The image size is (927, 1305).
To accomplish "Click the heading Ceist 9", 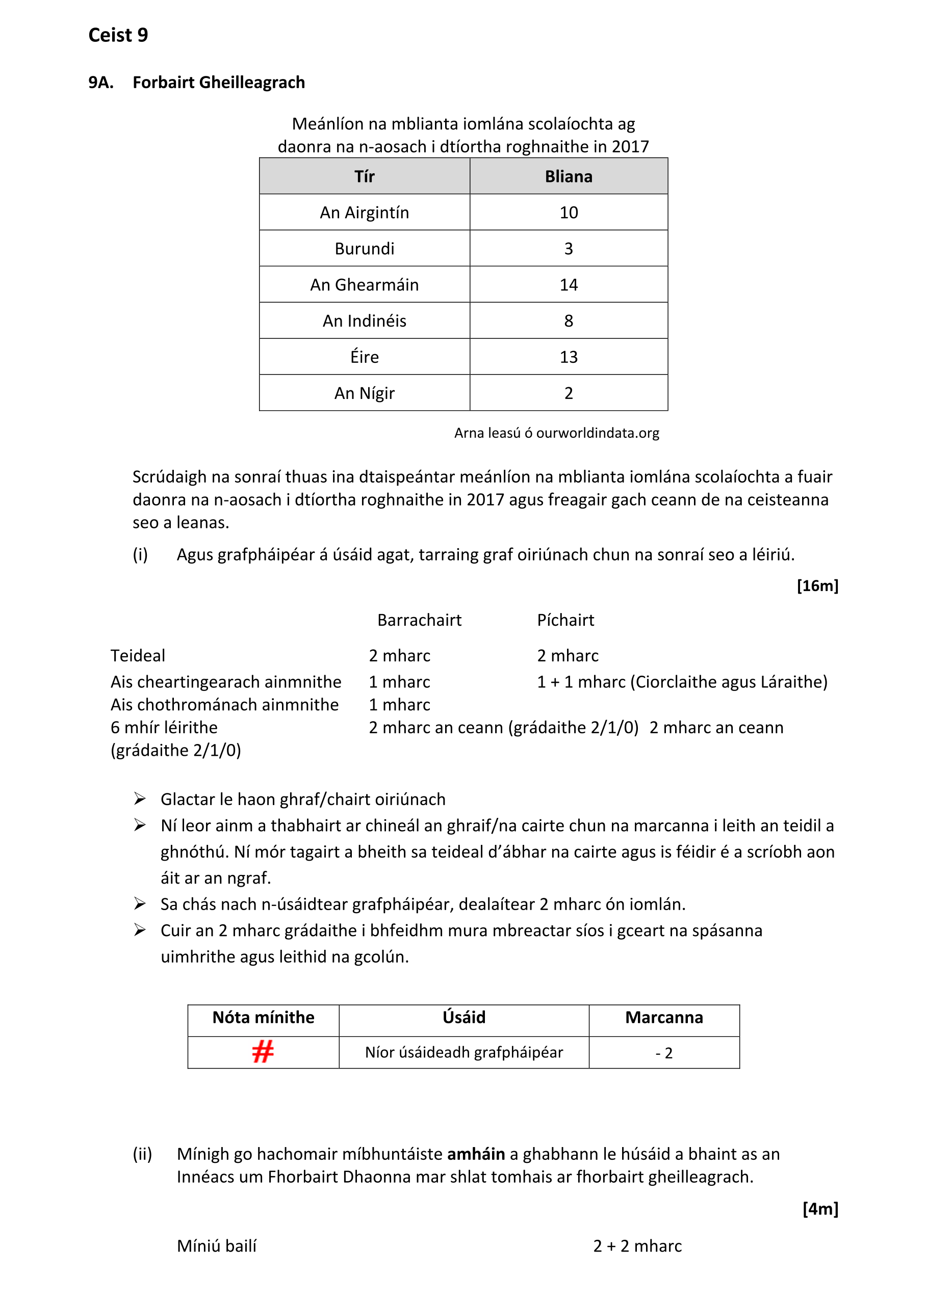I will tap(118, 35).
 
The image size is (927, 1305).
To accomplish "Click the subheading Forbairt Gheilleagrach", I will tap(219, 83).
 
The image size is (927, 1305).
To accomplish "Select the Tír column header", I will tap(364, 176).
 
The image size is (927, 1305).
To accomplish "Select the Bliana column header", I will tap(569, 176).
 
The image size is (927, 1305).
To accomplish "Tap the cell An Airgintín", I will tap(364, 213).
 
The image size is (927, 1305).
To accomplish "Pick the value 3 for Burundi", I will tap(569, 249).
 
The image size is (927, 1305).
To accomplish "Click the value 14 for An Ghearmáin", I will tap(569, 285).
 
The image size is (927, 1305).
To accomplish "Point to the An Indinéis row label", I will tap(364, 321).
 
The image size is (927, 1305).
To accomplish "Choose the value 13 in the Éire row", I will tap(569, 357).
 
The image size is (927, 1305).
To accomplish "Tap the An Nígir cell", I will tap(364, 393).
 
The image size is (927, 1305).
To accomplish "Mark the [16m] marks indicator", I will tap(817, 586).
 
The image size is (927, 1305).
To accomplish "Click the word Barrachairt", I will tap(419, 620).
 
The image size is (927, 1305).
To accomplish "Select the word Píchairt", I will tap(565, 620).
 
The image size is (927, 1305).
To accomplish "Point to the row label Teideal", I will tap(138, 656).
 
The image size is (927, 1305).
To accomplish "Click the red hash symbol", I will tap(263, 1051).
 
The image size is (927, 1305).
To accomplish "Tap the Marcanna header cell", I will tap(664, 1018).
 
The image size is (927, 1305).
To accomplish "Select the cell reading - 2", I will tap(664, 1053).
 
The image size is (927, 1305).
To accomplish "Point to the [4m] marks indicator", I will tap(820, 1209).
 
